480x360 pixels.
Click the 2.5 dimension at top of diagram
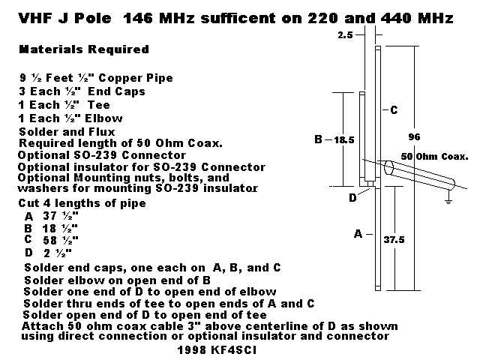pos(345,35)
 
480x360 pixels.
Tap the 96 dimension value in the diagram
pos(414,136)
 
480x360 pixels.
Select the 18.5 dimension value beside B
pos(344,140)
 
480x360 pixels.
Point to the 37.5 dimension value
pos(394,240)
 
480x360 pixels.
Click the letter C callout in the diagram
pos(394,110)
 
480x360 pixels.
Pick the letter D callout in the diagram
pos(352,198)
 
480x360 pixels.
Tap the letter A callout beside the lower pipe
pos(358,234)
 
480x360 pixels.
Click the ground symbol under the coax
pos(448,201)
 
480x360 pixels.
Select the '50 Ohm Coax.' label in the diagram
pos(434,157)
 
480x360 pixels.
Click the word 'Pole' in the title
pos(93,18)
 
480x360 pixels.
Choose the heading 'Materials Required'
pos(84,49)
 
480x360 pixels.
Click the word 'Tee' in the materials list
pos(98,105)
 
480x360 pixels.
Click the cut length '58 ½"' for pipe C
pos(61,240)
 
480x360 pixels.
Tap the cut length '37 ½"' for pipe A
pos(61,216)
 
